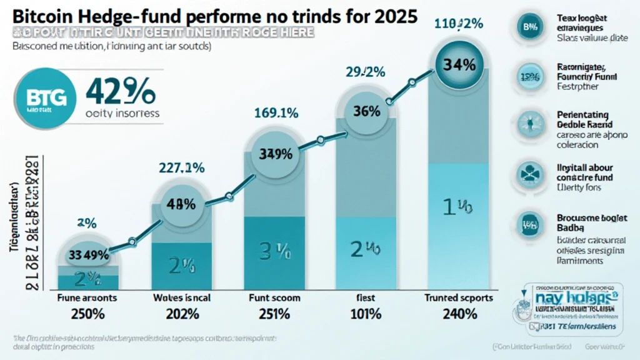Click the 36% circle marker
click(x=367, y=112)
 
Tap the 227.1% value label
click(x=182, y=168)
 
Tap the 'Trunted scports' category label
click(x=459, y=298)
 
